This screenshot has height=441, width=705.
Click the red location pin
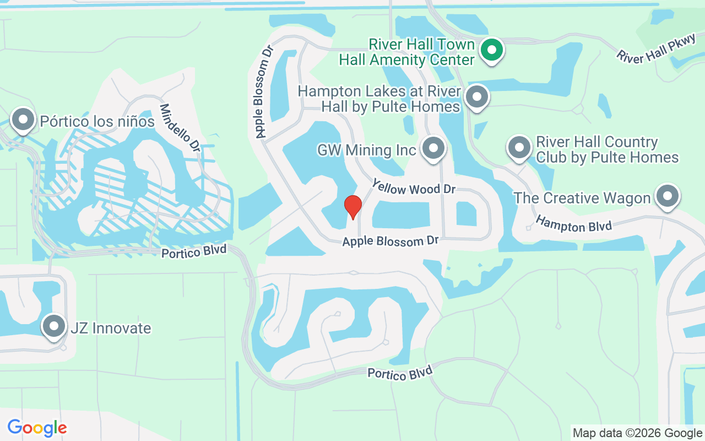pos(352,207)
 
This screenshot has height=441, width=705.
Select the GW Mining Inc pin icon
pos(433,148)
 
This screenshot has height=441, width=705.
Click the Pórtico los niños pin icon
pos(23,119)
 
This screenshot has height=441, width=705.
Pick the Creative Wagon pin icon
pos(668,196)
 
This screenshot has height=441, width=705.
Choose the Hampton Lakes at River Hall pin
pos(476,97)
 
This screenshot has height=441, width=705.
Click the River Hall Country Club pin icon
pos(519,148)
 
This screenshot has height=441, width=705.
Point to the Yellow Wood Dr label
pos(414,187)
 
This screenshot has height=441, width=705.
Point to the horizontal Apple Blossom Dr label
pos(391,241)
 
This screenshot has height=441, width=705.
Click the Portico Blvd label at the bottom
pos(400,373)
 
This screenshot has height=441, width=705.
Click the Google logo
pos(37,427)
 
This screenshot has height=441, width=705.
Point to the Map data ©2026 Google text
pos(637,433)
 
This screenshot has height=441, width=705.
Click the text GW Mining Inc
pos(366,150)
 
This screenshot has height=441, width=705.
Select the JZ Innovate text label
pos(111,328)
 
